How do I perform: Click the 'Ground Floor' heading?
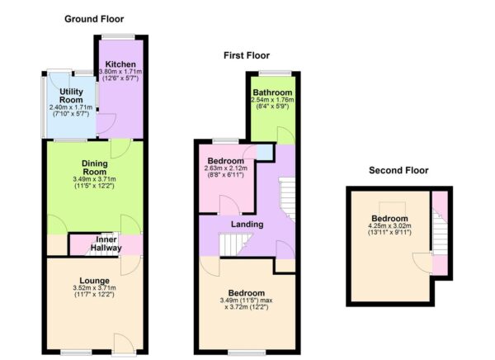95,18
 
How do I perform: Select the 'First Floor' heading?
247,55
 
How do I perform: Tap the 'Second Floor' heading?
399,171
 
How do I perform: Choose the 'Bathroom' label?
272,92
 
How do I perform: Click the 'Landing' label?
247,224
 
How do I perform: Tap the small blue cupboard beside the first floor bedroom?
264,152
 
